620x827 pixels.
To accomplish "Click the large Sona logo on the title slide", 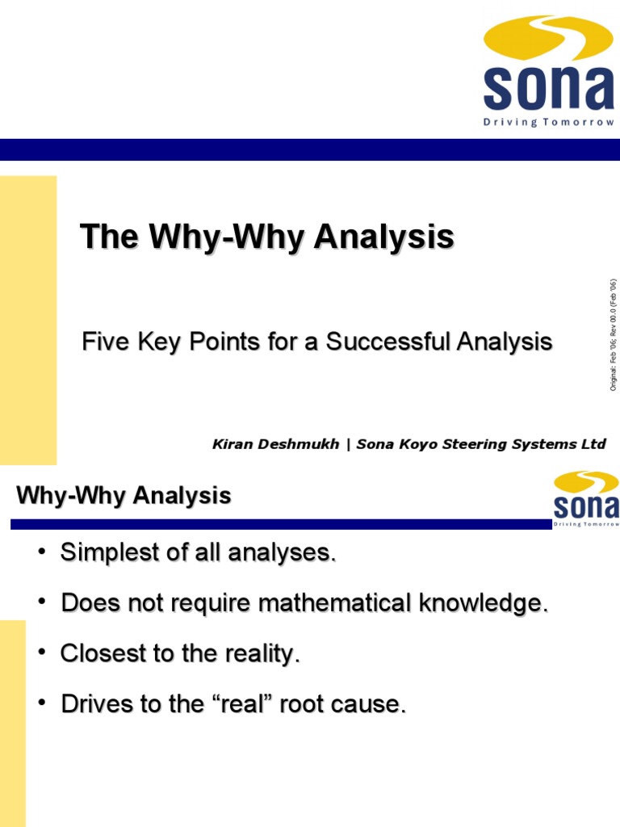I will (x=548, y=69).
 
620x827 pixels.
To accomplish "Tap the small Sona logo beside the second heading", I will (x=585, y=496).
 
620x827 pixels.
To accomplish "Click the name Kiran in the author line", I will (x=232, y=444).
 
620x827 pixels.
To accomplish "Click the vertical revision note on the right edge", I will (x=613, y=335).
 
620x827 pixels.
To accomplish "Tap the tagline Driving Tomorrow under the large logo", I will (x=549, y=123).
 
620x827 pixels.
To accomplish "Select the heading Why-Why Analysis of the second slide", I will (x=124, y=495).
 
